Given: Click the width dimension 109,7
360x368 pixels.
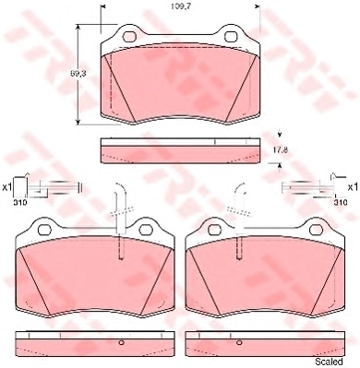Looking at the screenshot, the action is tap(181, 6).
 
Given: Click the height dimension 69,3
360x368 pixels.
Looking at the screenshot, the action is tap(77, 74).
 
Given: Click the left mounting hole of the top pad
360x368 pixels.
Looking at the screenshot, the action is tap(129, 37).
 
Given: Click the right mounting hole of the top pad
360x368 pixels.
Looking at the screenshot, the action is tap(231, 37).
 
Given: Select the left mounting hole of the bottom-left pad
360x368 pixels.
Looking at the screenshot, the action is tap(44, 230).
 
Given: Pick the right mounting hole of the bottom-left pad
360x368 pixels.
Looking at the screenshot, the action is tap(146, 230).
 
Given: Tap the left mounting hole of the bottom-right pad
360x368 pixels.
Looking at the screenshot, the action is tap(215, 230).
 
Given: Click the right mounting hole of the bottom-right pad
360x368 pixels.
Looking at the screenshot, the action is tap(317, 230).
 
